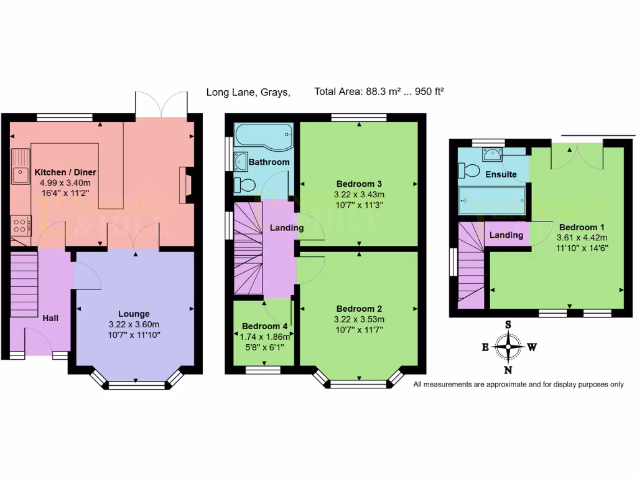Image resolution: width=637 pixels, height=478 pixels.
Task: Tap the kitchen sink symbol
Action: click(x=21, y=167)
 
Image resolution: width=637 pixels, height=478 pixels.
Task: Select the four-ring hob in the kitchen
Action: click(x=21, y=224)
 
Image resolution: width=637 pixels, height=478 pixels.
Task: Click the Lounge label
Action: click(x=134, y=314)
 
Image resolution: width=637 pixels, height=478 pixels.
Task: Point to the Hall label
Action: click(x=50, y=318)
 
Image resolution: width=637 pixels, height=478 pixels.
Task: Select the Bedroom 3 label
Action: click(x=358, y=184)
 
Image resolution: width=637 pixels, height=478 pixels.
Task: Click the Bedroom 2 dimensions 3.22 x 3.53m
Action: click(x=358, y=319)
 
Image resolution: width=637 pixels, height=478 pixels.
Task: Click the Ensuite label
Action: click(x=501, y=174)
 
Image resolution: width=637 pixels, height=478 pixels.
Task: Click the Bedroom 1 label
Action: click(x=581, y=227)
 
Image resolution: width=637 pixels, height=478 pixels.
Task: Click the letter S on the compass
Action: click(x=508, y=324)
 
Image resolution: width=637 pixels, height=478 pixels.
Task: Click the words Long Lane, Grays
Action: click(x=248, y=92)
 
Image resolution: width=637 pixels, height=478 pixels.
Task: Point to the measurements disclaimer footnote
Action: click(x=518, y=384)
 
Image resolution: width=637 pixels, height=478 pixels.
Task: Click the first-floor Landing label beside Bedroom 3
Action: click(x=287, y=228)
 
